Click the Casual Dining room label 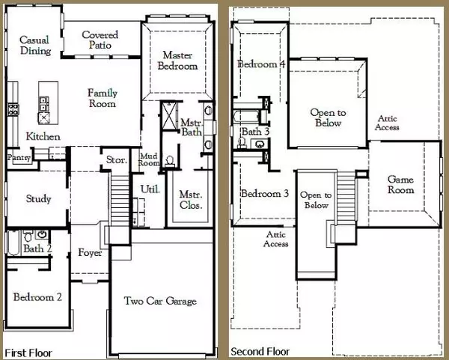point(35,45)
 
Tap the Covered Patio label point(100,40)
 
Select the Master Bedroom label point(177,61)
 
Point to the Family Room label point(103,98)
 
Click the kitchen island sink point(44,118)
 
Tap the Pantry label point(19,158)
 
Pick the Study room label point(38,199)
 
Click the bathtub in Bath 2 point(13,242)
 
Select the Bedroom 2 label point(37,297)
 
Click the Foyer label point(90,253)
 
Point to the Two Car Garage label point(160,301)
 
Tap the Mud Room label point(149,160)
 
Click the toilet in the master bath point(170,161)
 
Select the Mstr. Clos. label point(191,200)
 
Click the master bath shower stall point(170,115)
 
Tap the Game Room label point(400,185)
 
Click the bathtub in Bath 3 point(246,116)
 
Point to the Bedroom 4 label point(261,64)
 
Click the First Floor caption point(28,353)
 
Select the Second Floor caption point(260,352)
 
